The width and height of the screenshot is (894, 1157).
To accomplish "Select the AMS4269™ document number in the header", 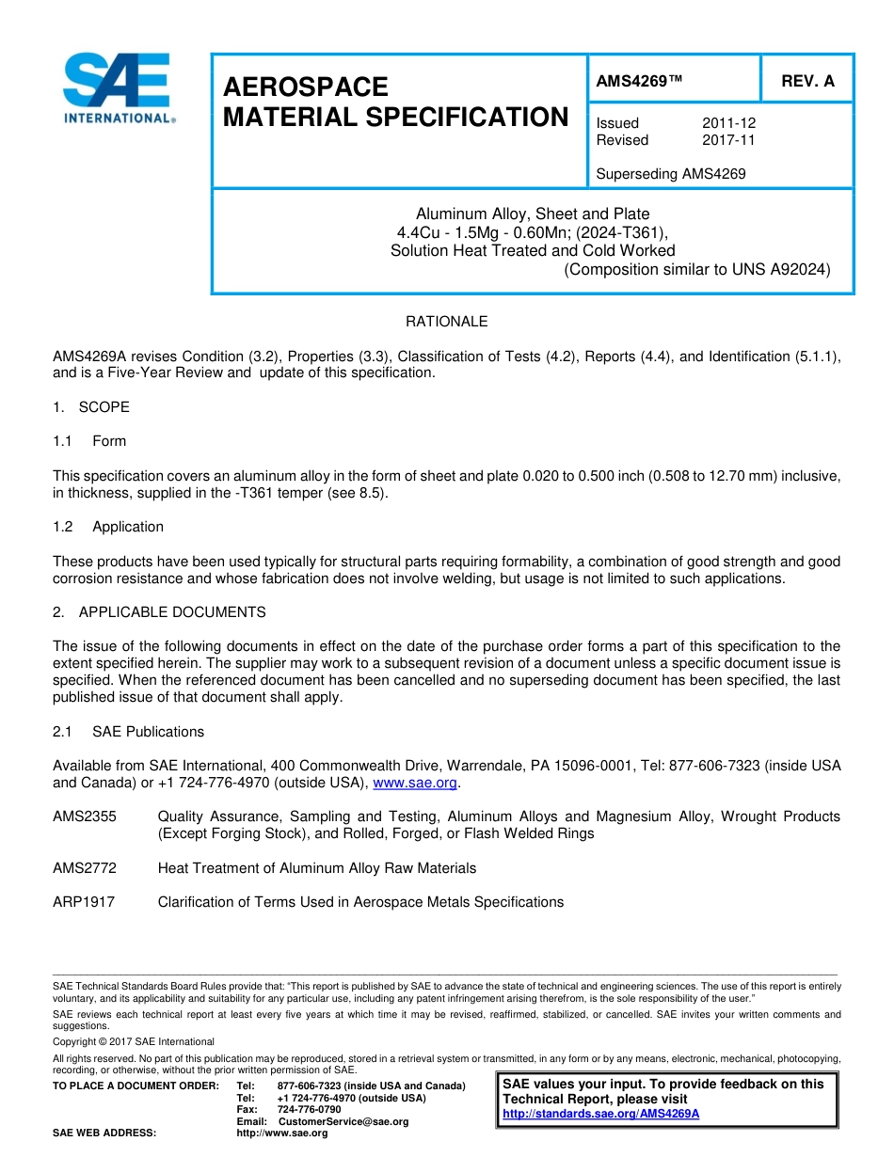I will (639, 82).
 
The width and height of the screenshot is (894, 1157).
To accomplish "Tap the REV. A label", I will (807, 82).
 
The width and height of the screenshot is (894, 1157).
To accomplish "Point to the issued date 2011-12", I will (728, 123).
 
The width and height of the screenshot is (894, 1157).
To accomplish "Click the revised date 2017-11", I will (728, 140).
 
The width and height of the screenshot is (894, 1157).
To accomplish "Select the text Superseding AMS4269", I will (671, 174).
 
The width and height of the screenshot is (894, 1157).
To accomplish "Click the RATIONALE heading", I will (446, 322).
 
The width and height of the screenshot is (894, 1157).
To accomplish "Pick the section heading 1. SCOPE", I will (91, 407).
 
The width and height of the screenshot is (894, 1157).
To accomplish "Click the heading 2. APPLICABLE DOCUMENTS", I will (159, 612).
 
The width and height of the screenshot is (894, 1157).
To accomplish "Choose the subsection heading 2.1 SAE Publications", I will (128, 732).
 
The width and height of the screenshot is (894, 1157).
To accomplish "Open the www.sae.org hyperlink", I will (415, 783).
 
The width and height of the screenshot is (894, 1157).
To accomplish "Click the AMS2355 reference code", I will (85, 816).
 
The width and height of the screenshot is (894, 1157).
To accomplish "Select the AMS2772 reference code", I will (85, 868).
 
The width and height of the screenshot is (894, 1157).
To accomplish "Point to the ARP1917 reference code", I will (84, 902).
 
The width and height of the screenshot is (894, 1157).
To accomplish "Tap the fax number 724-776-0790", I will (309, 1109).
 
